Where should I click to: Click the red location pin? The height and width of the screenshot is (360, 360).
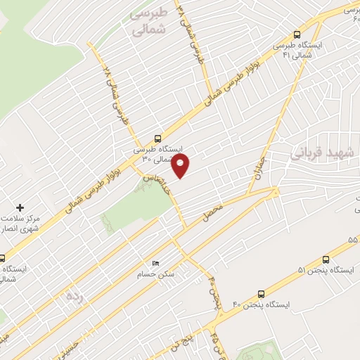point(181,165)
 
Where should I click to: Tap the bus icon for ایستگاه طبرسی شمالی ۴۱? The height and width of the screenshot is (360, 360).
point(297,34)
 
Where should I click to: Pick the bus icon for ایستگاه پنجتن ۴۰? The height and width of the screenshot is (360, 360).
point(261,294)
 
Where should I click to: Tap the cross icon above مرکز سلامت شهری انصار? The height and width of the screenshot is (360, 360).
point(20,207)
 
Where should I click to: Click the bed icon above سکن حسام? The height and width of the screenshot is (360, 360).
point(155,263)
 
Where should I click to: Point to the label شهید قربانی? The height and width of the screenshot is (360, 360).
point(324,153)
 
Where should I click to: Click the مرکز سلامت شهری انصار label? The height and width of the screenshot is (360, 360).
point(20,224)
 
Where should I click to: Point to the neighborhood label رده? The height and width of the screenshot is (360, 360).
point(74,296)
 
